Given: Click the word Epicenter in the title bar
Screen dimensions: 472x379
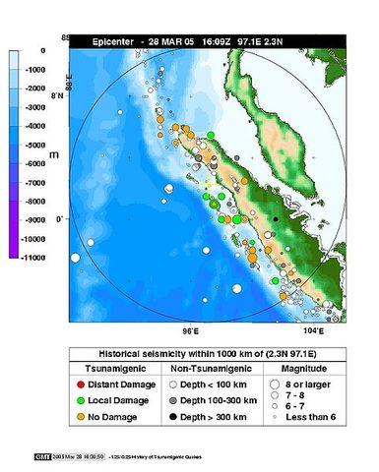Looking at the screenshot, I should (x=115, y=41).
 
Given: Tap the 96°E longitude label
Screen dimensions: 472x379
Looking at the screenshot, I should (x=192, y=331).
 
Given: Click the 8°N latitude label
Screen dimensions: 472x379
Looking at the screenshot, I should (x=58, y=97).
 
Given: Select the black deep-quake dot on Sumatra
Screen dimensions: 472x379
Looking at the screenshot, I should (x=277, y=218).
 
